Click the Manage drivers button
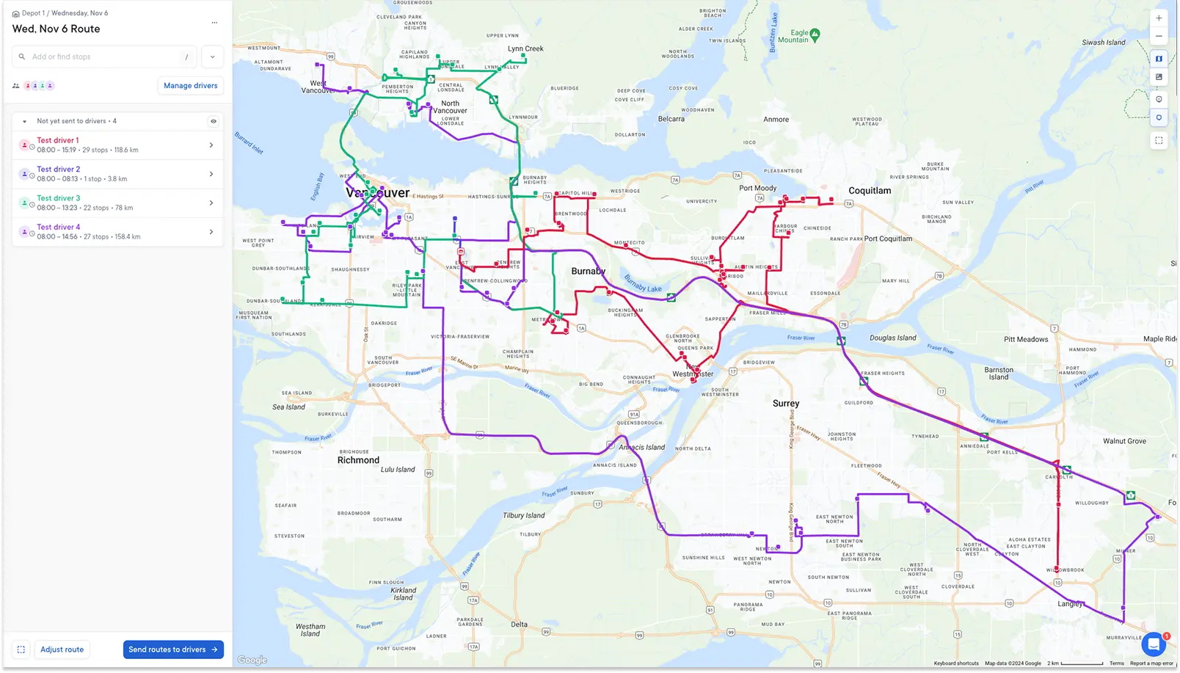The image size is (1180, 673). pyautogui.click(x=190, y=86)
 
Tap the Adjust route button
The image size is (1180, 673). pyautogui.click(x=62, y=650)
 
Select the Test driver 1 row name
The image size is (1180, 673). pyautogui.click(x=58, y=140)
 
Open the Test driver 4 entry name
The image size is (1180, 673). pyautogui.click(x=59, y=227)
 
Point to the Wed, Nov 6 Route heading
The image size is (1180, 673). pyautogui.click(x=57, y=29)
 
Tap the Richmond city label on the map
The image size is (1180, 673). pyautogui.click(x=358, y=460)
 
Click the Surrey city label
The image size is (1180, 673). pyautogui.click(x=786, y=403)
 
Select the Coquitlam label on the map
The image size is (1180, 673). pyautogui.click(x=870, y=191)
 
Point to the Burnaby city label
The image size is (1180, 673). pyautogui.click(x=589, y=271)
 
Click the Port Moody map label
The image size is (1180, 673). pyautogui.click(x=757, y=188)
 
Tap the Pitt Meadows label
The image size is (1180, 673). pyautogui.click(x=1026, y=339)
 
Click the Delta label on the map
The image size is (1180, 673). pyautogui.click(x=519, y=625)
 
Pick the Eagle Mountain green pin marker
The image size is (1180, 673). pyautogui.click(x=815, y=34)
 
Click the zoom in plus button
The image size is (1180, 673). pyautogui.click(x=1159, y=18)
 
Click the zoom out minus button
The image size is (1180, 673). pyautogui.click(x=1159, y=36)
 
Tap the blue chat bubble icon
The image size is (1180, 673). pyautogui.click(x=1153, y=644)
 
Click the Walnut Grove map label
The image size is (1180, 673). pyautogui.click(x=1124, y=441)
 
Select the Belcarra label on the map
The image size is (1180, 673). pyautogui.click(x=671, y=119)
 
